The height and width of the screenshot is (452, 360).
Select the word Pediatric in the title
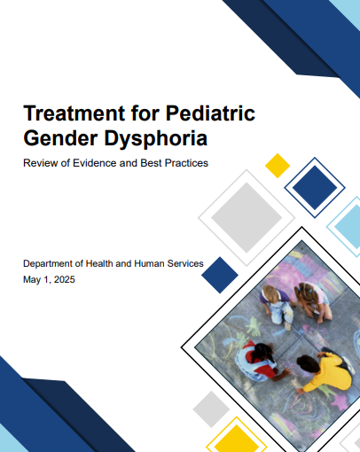click(x=210, y=113)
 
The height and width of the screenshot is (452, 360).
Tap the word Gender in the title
click(x=60, y=138)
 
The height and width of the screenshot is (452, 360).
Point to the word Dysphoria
click(x=156, y=139)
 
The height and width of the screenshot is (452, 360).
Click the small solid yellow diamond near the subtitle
click(x=278, y=166)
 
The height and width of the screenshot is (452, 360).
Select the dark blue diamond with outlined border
click(x=315, y=188)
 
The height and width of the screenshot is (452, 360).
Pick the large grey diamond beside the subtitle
click(x=247, y=218)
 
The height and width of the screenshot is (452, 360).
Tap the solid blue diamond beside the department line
click(x=220, y=275)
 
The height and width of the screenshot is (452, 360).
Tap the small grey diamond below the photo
click(x=211, y=409)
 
